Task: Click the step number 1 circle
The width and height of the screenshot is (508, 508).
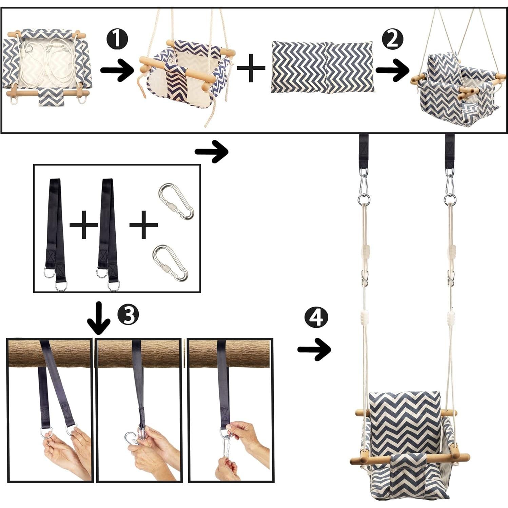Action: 117,39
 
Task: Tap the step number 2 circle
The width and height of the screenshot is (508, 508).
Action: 392,39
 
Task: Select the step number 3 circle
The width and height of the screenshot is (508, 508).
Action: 128,314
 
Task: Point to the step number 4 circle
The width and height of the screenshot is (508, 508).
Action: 316,317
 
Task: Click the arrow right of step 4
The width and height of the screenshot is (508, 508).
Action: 314,350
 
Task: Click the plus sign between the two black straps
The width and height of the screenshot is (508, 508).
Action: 84,225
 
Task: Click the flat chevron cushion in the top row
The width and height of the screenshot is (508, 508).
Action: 323,67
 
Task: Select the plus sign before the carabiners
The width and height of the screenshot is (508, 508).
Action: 143,224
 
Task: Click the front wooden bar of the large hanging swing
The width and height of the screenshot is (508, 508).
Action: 410,458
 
